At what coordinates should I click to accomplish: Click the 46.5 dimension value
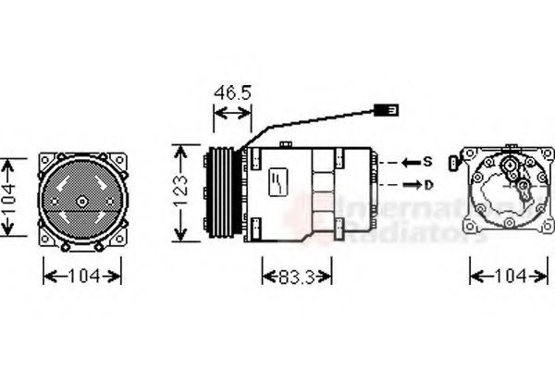[x=232, y=93]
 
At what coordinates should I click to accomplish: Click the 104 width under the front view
[x=82, y=276]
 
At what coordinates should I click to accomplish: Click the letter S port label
[x=427, y=162]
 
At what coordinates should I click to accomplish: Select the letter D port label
[x=427, y=185]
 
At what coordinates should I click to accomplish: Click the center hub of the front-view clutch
[x=82, y=201]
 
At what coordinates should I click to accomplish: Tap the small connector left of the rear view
[x=451, y=164]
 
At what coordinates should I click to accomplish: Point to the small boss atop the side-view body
[x=286, y=143]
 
